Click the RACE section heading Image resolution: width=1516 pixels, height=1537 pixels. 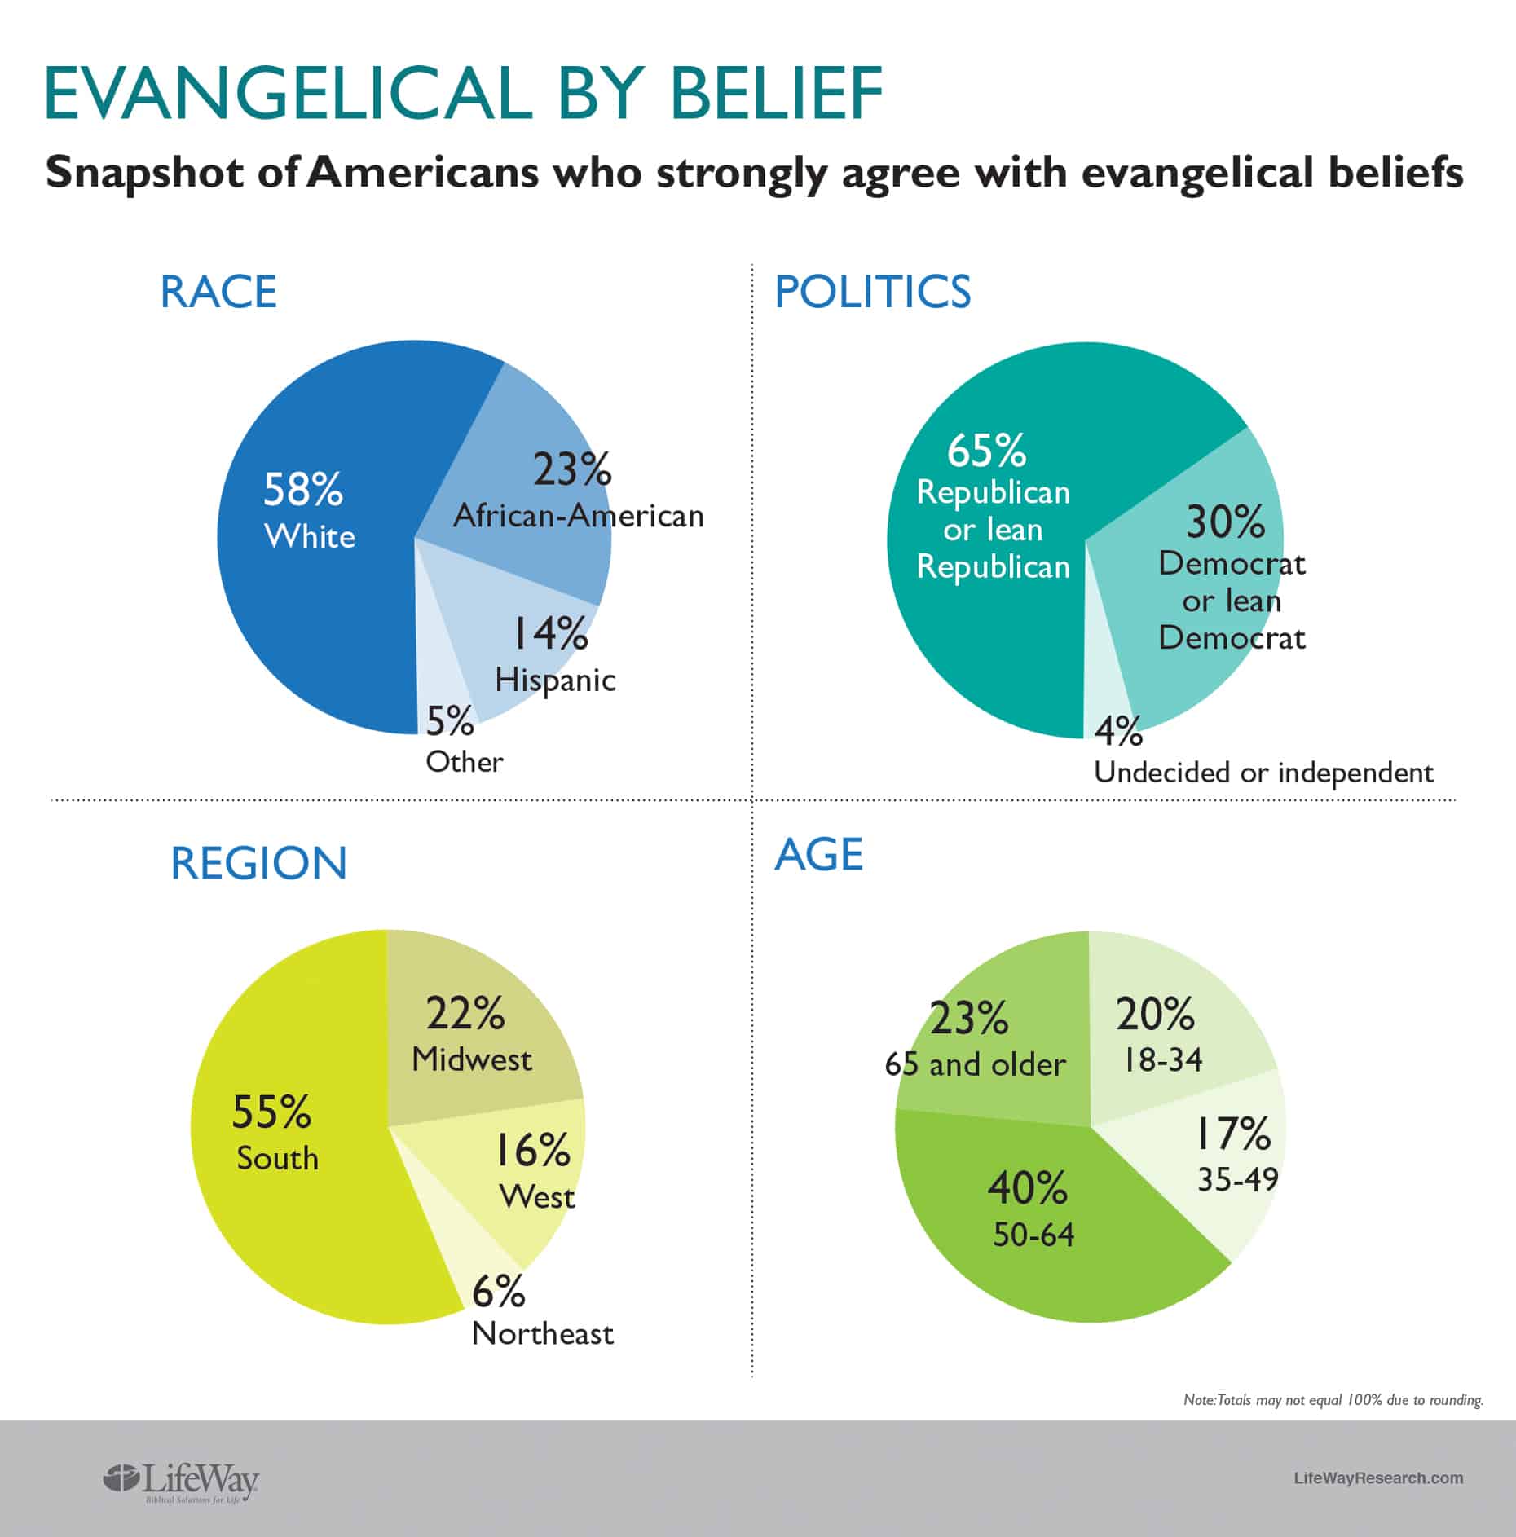coord(218,292)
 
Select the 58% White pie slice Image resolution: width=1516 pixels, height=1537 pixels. coord(310,570)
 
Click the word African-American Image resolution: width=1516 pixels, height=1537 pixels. coord(578,516)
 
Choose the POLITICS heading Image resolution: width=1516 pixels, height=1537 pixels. coord(872,292)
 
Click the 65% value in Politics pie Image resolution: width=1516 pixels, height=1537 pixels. coord(986,450)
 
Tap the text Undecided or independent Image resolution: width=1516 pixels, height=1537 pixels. coord(1263,773)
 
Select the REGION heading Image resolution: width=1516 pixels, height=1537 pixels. coord(258,863)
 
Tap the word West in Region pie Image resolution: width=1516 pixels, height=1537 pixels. coord(536,1197)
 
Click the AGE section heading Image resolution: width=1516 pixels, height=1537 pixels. coord(818,855)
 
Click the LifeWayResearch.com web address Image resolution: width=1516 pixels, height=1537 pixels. coord(1378,1478)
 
